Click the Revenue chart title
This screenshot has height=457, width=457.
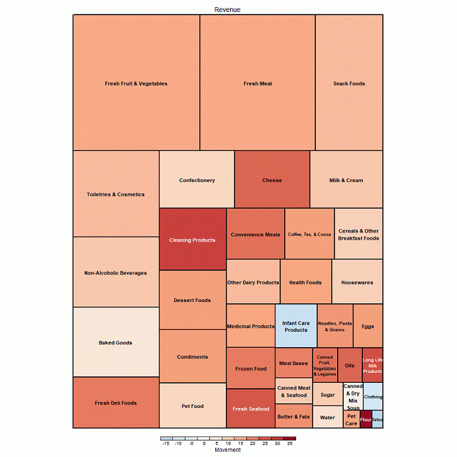click(227, 9)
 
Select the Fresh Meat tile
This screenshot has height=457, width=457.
click(258, 83)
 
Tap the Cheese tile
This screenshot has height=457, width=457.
click(272, 180)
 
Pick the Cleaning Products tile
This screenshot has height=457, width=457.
click(192, 240)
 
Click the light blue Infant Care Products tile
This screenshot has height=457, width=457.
click(296, 326)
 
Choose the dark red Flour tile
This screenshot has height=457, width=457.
click(366, 419)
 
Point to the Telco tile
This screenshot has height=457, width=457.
click(378, 419)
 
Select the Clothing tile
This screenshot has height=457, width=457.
click(373, 397)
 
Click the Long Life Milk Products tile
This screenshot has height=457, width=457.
click(372, 366)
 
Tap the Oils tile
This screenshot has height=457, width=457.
click(350, 366)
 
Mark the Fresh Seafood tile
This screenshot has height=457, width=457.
click(251, 409)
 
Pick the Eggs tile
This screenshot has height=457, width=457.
click(368, 326)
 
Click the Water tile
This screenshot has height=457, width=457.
click(327, 418)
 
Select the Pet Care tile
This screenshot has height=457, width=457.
click(351, 420)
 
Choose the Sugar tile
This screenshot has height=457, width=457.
click(327, 395)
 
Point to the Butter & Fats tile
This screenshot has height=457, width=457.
click(293, 417)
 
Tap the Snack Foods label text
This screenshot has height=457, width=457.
click(349, 83)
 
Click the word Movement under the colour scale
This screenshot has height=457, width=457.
click(228, 450)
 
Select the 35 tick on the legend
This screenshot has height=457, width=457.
click(289, 443)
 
